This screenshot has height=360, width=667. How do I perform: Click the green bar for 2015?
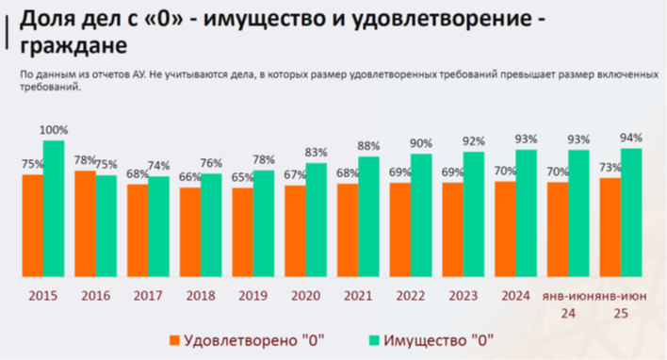[54, 209]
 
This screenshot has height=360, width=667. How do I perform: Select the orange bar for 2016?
[85, 224]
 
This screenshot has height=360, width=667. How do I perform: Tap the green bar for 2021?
[368, 217]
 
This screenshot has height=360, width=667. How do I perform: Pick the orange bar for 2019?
[243, 233]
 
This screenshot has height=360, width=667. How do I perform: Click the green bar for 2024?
[526, 214]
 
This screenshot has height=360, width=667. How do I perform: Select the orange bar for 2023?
[452, 230]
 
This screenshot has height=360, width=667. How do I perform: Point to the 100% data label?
[54, 129]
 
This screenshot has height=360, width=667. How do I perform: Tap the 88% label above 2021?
[368, 145]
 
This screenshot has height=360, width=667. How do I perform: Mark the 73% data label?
[610, 166]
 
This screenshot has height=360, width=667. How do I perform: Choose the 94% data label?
[632, 137]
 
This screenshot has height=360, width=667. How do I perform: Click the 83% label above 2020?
[316, 152]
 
